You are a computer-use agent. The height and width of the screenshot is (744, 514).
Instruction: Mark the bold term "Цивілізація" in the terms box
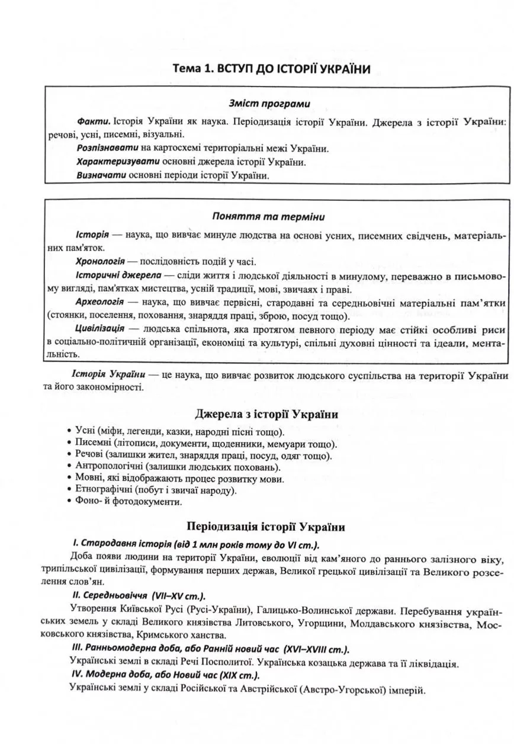[99, 329]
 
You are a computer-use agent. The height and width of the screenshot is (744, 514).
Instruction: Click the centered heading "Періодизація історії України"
[266, 526]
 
